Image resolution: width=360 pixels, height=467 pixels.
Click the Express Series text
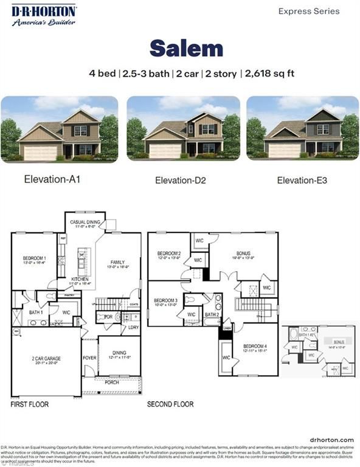[x=310, y=11]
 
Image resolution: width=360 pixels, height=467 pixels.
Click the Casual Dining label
[x=85, y=223]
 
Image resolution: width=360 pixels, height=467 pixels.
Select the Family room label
[x=117, y=262]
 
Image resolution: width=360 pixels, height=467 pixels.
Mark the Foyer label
[x=89, y=358]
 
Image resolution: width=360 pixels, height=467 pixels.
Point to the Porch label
[x=111, y=382]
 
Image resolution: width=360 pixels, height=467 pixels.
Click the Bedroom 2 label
[x=169, y=254]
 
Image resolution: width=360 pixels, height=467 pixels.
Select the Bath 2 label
[x=211, y=314]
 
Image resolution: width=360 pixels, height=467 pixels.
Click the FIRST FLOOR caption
[x=30, y=404]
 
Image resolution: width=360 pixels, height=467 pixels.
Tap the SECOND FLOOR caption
[x=170, y=404]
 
